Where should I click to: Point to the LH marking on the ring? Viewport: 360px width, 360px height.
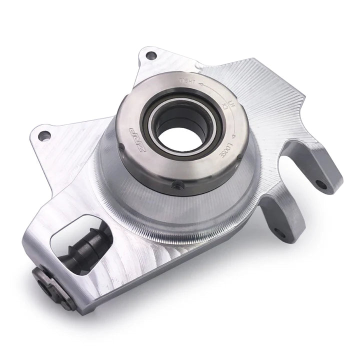point(231,103)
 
